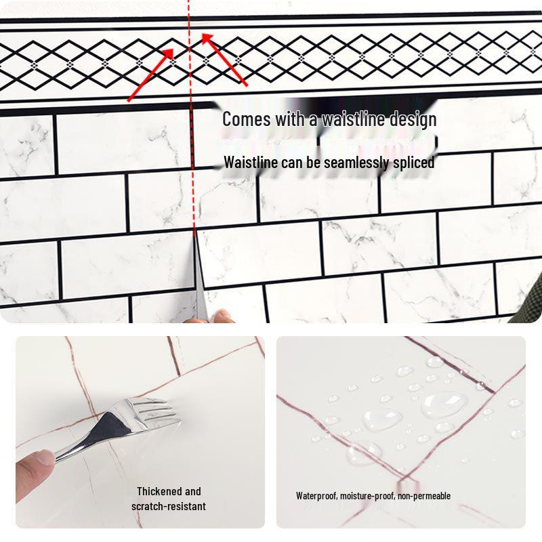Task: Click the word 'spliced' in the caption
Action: pyautogui.click(x=413, y=163)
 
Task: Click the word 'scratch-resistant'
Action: pyautogui.click(x=169, y=506)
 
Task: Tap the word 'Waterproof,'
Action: pyautogui.click(x=317, y=496)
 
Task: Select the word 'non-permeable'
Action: pyautogui.click(x=424, y=496)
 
